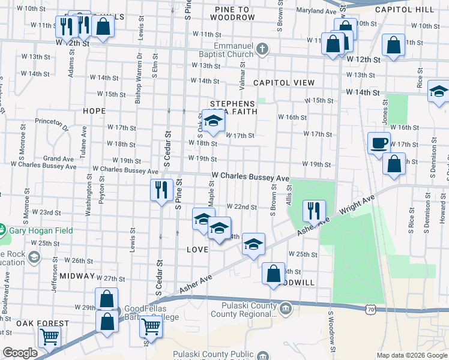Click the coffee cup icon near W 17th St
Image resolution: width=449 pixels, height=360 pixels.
point(379,143)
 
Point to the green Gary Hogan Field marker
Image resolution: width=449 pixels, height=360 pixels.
point(2,230)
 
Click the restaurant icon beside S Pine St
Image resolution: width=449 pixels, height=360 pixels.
point(161,190)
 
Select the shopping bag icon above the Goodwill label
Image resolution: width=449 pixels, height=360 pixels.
point(274,273)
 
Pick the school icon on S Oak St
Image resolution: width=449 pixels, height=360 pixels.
point(212,121)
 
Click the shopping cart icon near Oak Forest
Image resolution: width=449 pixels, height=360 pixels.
point(49,336)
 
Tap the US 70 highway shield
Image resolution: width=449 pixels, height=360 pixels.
point(371,308)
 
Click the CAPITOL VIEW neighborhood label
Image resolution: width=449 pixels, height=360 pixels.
point(284,82)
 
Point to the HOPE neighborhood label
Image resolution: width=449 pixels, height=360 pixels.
point(94,111)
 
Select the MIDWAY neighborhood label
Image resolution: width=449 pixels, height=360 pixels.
point(77,276)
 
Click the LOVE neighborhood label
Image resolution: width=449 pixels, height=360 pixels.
point(197,249)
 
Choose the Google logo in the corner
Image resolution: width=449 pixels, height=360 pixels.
point(20,353)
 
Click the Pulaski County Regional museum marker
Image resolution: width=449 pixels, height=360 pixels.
point(286,309)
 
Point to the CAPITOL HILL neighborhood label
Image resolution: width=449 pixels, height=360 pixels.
point(412,10)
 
